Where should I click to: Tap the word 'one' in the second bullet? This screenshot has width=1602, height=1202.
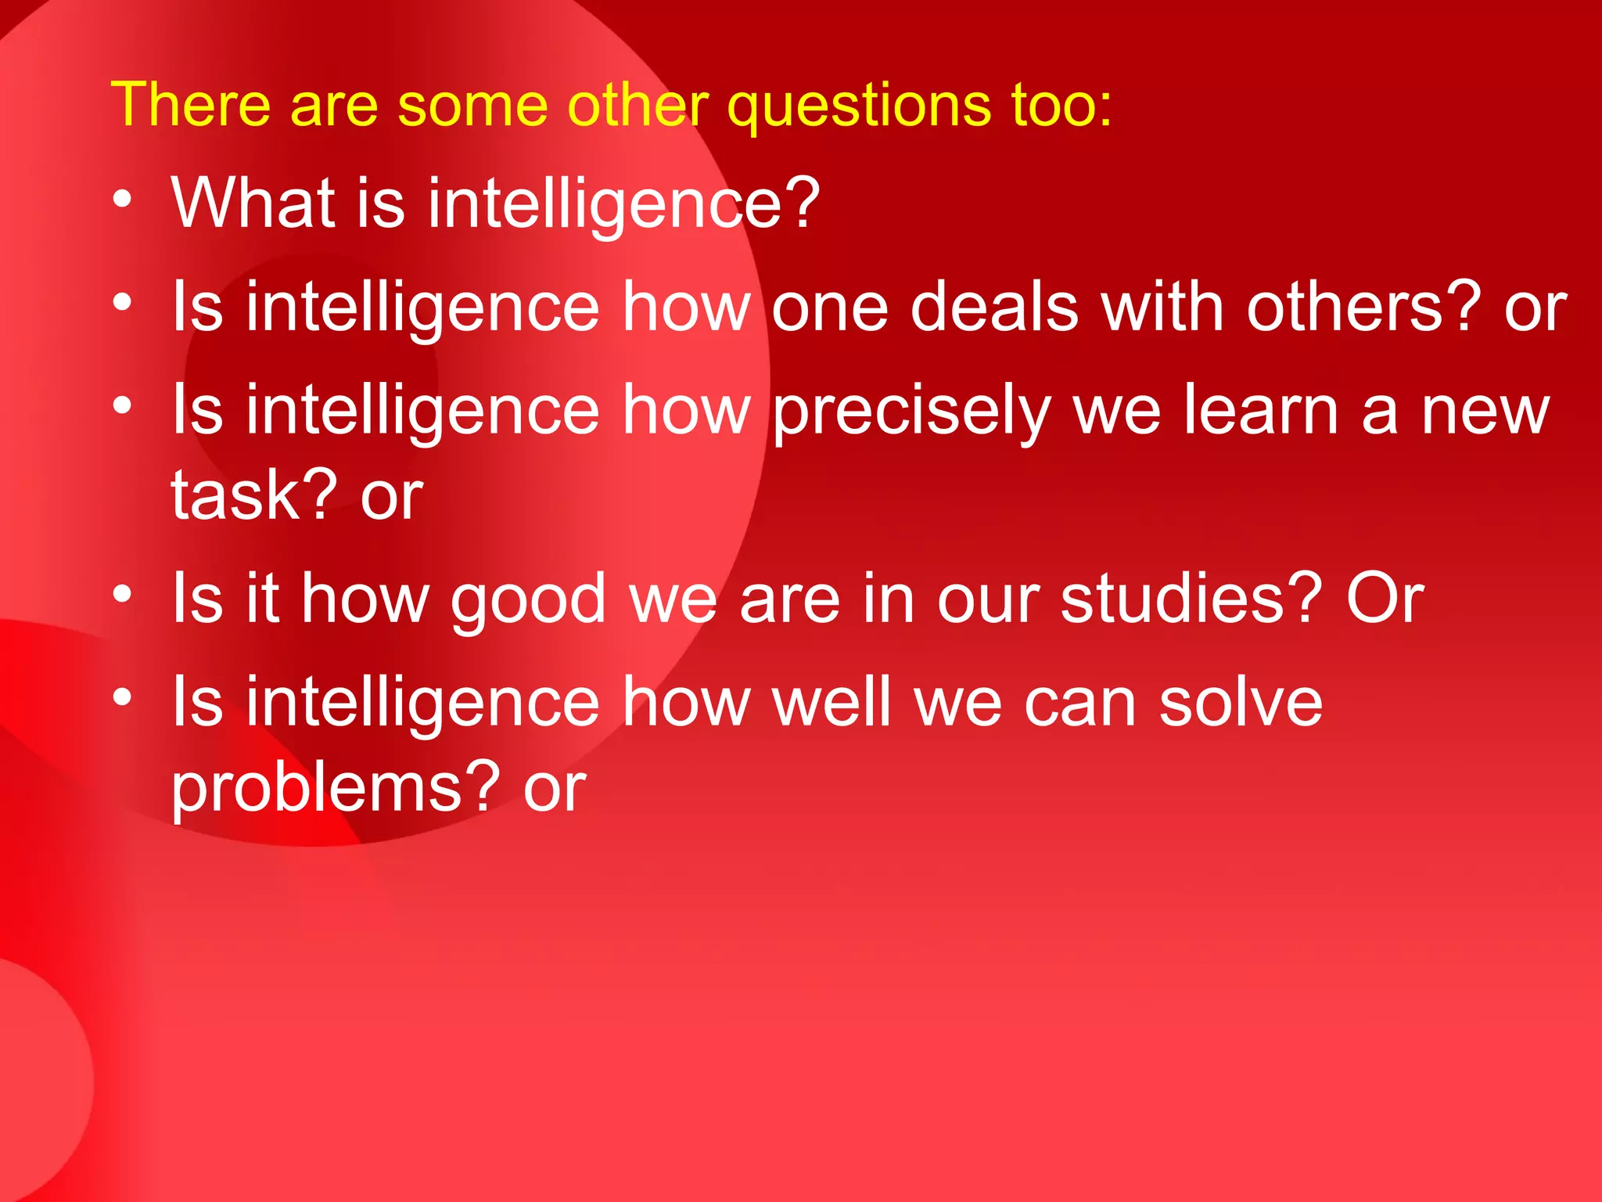click(x=829, y=308)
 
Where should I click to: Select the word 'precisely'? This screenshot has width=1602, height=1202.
click(x=912, y=413)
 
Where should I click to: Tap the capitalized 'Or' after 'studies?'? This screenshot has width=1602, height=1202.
click(x=1385, y=599)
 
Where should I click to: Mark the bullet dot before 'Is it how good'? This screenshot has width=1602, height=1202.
click(x=122, y=595)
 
